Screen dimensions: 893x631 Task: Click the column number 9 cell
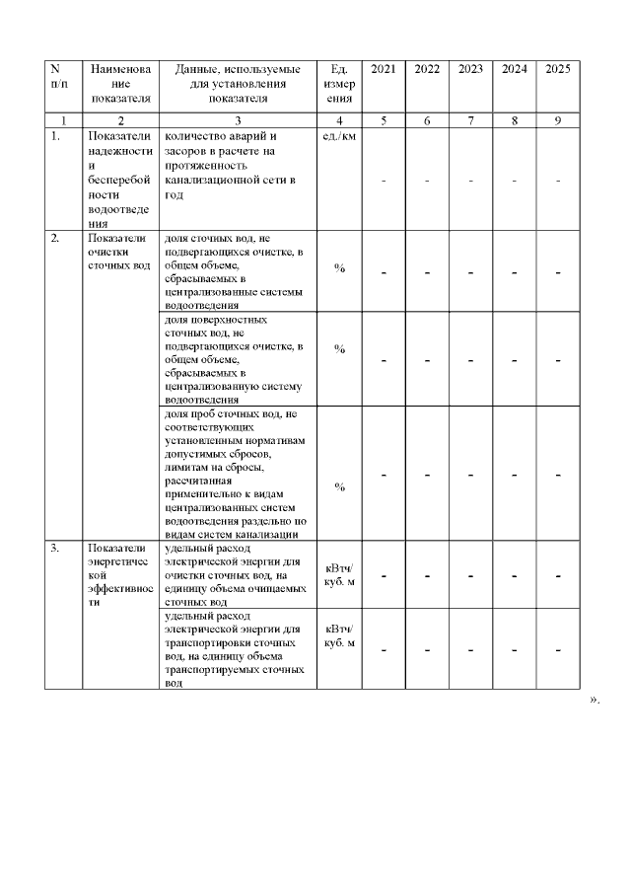click(x=557, y=120)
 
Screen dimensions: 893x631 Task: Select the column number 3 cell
click(x=238, y=120)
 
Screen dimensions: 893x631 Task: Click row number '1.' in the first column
click(x=55, y=136)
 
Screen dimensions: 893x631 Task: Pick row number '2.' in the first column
click(x=55, y=239)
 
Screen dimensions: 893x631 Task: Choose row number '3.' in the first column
click(x=55, y=549)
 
